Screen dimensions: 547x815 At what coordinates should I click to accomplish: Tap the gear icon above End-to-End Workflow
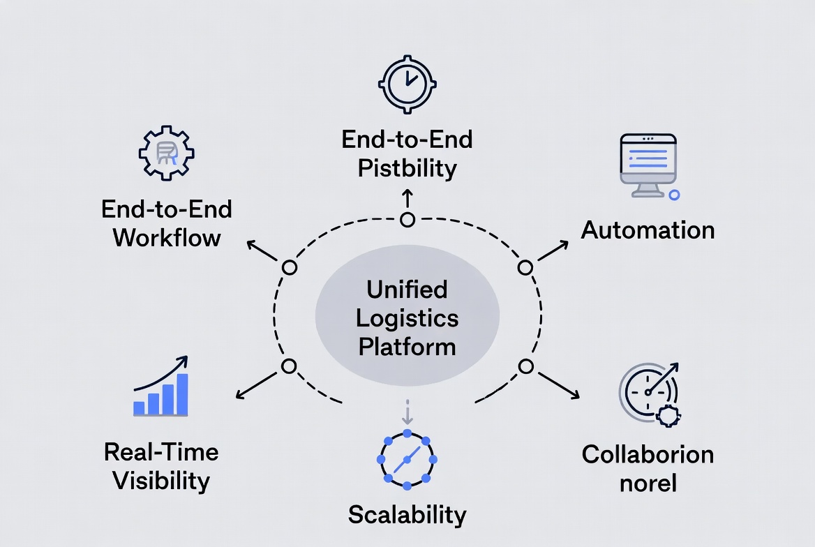pos(167,153)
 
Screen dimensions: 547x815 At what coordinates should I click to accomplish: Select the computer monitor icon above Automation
pos(648,165)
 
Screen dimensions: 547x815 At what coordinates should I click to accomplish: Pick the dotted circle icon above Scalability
pos(407,459)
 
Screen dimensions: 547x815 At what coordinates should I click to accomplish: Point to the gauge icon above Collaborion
pos(650,393)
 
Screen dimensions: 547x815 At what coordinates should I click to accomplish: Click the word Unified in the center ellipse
pos(407,290)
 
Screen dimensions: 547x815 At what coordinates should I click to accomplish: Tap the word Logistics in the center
pos(407,318)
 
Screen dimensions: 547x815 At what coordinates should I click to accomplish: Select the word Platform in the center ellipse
pos(407,346)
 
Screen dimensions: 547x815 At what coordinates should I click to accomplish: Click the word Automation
pos(648,230)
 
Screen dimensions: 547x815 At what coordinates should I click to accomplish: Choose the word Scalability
pos(407,515)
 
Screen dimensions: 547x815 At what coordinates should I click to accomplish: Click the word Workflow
pos(167,237)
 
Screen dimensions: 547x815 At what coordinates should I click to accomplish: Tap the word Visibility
pos(161,481)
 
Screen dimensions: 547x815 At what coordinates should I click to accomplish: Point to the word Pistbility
pos(407,168)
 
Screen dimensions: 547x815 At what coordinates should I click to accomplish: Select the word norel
pos(648,482)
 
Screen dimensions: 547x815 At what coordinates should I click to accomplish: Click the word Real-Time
pos(161,452)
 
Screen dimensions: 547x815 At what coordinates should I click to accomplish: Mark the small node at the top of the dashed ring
pos(407,220)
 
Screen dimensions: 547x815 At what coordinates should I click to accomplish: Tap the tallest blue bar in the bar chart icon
pos(183,394)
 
